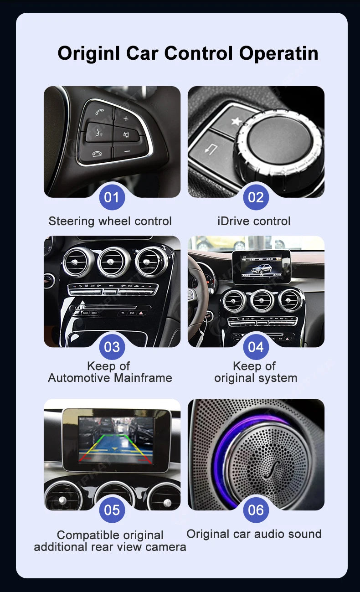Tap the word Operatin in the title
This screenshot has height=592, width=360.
tap(278, 54)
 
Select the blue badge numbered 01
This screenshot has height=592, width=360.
tap(112, 197)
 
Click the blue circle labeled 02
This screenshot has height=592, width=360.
tap(256, 197)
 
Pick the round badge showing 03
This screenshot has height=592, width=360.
tap(112, 347)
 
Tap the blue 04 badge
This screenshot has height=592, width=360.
tap(256, 347)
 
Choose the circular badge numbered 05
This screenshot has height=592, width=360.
tap(112, 510)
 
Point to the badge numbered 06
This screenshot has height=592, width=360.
tap(256, 510)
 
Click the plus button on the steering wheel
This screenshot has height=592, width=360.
tap(126, 118)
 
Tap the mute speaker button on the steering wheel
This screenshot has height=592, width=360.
tap(126, 135)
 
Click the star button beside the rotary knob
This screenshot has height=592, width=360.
tap(236, 121)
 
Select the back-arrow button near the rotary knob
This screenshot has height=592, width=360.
tap(211, 149)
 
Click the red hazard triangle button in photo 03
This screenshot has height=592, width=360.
tap(141, 313)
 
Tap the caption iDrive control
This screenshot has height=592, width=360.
tap(254, 221)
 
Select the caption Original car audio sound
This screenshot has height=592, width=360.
tap(254, 534)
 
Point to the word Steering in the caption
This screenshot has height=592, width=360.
tap(72, 221)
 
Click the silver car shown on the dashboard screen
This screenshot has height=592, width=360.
tap(262, 269)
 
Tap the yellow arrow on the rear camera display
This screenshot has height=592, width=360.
tap(114, 448)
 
